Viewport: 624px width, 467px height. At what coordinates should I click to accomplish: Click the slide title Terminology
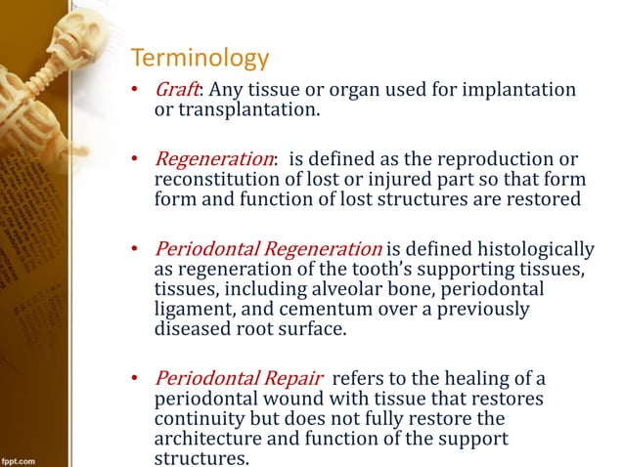[x=200, y=59]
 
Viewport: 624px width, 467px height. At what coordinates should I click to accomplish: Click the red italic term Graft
[x=176, y=90]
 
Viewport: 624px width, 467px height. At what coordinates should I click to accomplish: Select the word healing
[x=471, y=379]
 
